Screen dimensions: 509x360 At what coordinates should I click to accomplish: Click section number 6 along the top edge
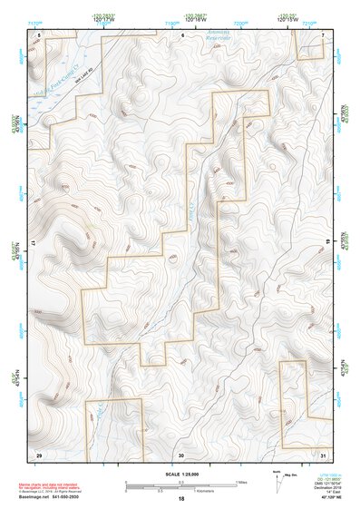click(182, 34)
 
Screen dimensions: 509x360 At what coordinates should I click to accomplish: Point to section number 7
click(323, 34)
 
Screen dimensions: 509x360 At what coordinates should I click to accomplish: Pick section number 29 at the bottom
click(39, 453)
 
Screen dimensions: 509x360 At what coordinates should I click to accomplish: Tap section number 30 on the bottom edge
click(181, 454)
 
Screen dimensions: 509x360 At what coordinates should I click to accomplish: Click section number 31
click(323, 454)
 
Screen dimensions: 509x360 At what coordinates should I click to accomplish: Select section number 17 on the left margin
click(34, 244)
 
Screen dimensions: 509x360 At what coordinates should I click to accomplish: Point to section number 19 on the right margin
click(328, 241)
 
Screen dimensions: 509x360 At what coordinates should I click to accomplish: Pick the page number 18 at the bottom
click(181, 499)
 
